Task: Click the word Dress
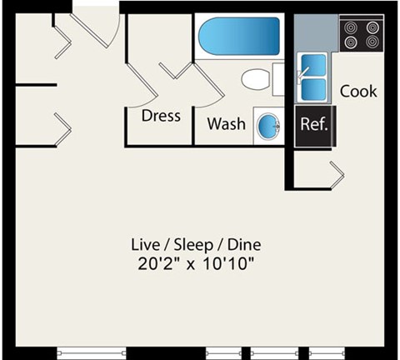(x=161, y=116)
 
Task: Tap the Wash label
(x=226, y=124)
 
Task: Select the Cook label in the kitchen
(x=358, y=91)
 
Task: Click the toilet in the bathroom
(x=257, y=81)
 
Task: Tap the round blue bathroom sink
(x=268, y=127)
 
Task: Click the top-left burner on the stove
(x=349, y=26)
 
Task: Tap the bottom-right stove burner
(x=370, y=42)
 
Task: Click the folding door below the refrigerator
(x=337, y=173)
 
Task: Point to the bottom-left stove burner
(x=349, y=42)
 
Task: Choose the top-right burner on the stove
(x=370, y=26)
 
